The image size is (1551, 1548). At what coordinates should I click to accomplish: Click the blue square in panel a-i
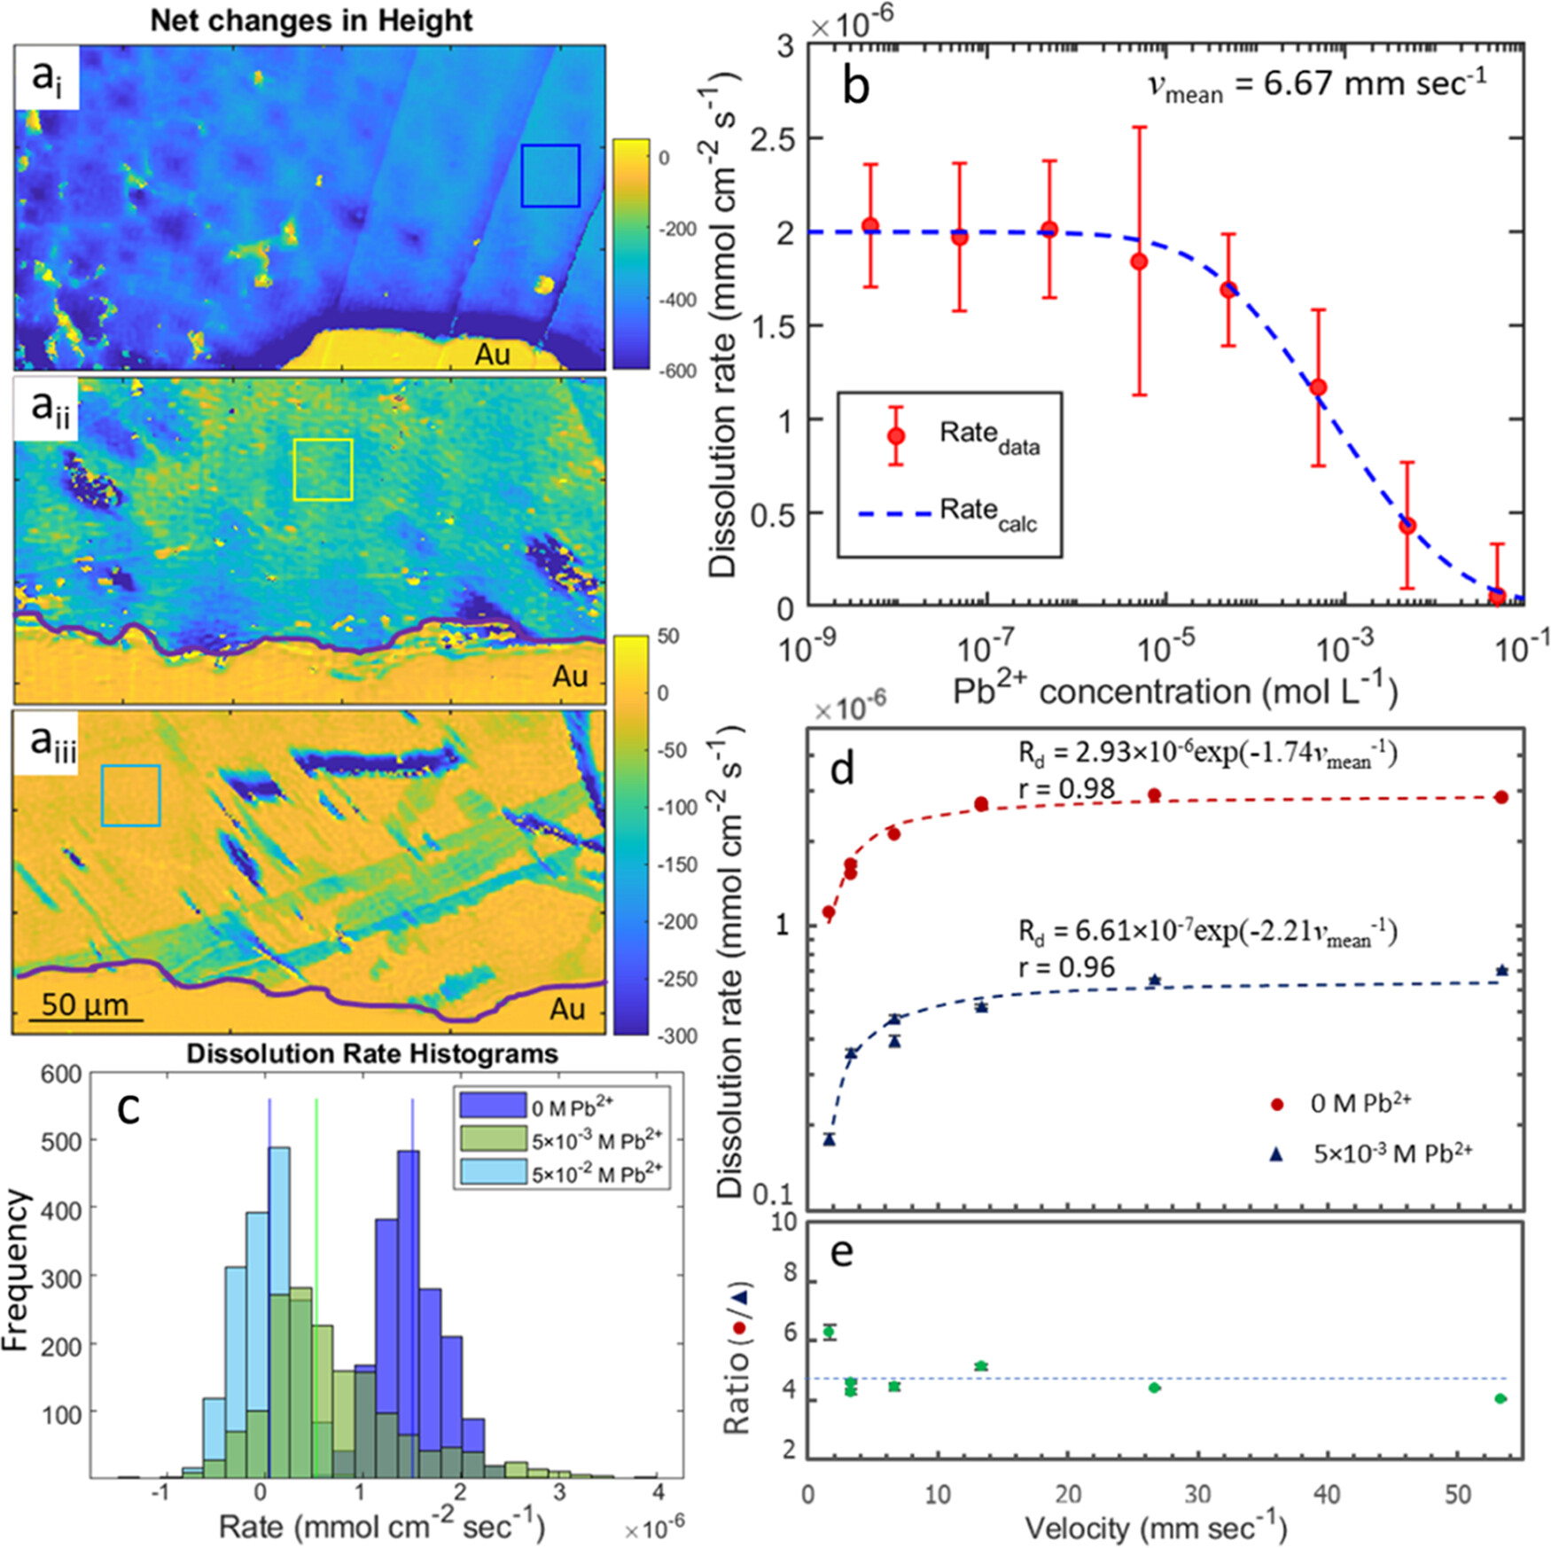pyautogui.click(x=549, y=176)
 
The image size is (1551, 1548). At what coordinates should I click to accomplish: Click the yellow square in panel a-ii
pyautogui.click(x=323, y=469)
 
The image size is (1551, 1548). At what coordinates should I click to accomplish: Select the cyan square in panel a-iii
pyautogui.click(x=130, y=795)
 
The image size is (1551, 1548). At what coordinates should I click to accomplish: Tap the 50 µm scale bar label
pyautogui.click(x=84, y=1005)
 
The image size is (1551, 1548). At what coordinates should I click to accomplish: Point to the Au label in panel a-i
pyautogui.click(x=492, y=354)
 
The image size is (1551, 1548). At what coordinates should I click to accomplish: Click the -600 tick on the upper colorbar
pyautogui.click(x=677, y=371)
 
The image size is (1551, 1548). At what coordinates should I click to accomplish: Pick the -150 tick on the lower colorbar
pyautogui.click(x=677, y=864)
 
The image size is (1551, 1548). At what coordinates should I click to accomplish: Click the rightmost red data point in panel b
pyautogui.click(x=1497, y=596)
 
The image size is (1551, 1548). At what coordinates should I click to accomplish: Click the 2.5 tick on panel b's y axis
pyautogui.click(x=771, y=138)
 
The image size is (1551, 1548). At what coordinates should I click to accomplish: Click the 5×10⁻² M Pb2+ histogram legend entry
pyautogui.click(x=596, y=1173)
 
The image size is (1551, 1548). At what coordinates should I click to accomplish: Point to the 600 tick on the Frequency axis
pyautogui.click(x=62, y=1074)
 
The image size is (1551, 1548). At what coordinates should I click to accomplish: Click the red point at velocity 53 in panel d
pyautogui.click(x=1500, y=797)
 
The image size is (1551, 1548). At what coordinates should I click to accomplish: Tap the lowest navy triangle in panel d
pyautogui.click(x=829, y=1139)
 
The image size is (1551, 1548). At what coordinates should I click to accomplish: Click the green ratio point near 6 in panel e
pyautogui.click(x=829, y=1332)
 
